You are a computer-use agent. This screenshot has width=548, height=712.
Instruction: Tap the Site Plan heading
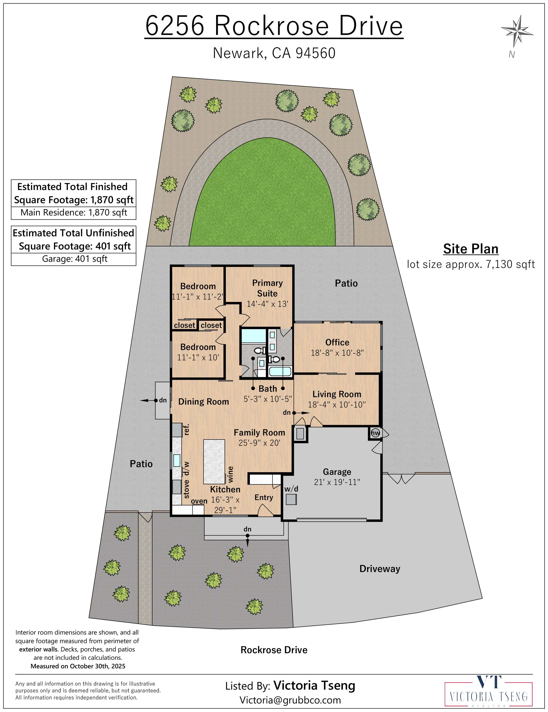[470, 249]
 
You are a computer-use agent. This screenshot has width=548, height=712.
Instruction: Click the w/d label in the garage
[291, 489]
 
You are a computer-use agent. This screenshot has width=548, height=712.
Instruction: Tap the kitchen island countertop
[214, 461]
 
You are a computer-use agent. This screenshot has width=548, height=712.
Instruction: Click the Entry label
[264, 497]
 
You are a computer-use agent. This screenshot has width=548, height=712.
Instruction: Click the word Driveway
[380, 569]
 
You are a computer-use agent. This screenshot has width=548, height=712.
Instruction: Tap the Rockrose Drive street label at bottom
[274, 650]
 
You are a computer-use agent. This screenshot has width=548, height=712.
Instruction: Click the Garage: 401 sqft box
[74, 259]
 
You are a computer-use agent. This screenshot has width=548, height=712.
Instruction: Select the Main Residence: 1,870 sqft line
[74, 213]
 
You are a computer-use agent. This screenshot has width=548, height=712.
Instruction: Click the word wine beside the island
[231, 474]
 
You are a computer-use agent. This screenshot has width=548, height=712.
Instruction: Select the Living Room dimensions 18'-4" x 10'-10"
[337, 405]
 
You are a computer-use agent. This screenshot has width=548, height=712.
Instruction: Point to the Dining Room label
[203, 402]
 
